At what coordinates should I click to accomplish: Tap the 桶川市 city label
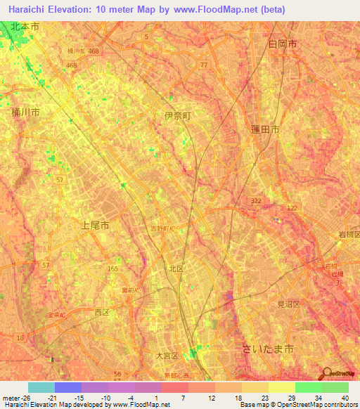coord(25,112)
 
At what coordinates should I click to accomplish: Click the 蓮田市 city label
coord(265,130)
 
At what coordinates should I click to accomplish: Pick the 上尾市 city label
coord(94,226)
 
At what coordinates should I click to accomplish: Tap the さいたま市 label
coord(267,349)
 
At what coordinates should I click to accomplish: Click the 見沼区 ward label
coord(288,304)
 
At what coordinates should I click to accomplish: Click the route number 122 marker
coord(292,208)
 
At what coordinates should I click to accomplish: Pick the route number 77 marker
coord(203,65)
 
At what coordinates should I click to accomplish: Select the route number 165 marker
coord(112,268)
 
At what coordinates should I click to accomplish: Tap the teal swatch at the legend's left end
coord(41,387)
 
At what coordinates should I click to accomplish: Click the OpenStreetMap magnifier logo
coord(326,373)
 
